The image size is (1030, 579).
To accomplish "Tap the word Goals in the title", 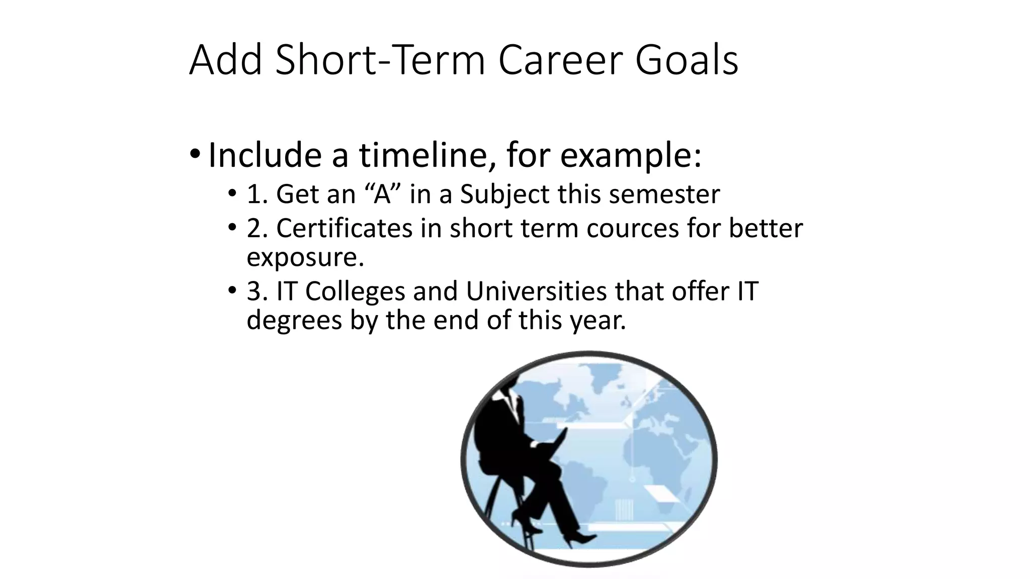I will [686, 60].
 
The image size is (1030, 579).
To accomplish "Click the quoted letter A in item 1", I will [382, 194].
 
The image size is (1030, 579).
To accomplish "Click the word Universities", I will [536, 291].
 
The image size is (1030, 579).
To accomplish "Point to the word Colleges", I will [355, 291].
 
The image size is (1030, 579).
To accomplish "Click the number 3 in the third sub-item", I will [253, 291].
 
